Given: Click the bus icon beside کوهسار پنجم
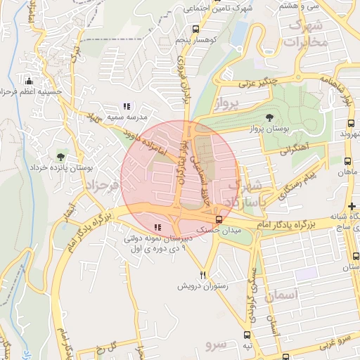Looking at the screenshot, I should point(195,30).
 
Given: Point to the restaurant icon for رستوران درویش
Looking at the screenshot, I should point(203,275).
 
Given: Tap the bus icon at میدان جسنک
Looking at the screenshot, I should point(219,219).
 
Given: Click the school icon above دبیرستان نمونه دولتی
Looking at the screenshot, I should point(157,227).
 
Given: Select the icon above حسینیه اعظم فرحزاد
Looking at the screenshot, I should point(29,80).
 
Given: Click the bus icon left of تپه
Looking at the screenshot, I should point(247,335).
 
